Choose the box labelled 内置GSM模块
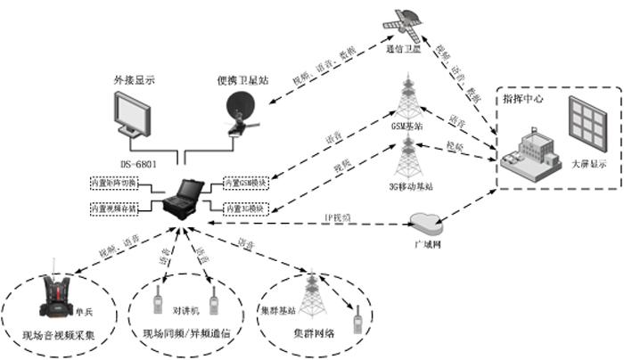(x=246, y=184)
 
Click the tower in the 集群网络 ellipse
(x=310, y=295)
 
